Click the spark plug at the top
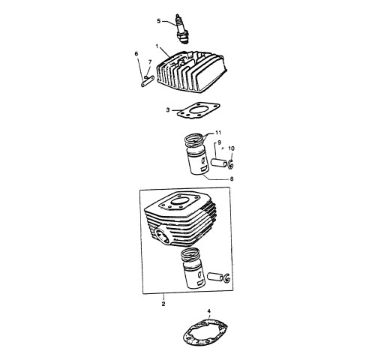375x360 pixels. click(x=181, y=29)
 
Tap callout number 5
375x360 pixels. click(x=159, y=21)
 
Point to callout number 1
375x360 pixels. click(x=157, y=46)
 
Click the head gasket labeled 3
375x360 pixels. click(x=199, y=110)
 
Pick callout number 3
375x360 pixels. click(x=168, y=110)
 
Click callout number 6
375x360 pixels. click(x=136, y=54)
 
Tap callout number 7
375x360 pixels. click(x=150, y=61)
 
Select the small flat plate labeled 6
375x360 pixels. click(x=146, y=82)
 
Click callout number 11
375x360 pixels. click(x=218, y=133)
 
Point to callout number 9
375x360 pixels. click(x=219, y=142)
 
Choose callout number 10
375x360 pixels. click(x=232, y=148)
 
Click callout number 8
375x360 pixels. click(x=232, y=179)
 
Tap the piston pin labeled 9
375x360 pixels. click(x=219, y=163)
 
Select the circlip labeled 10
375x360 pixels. click(x=231, y=164)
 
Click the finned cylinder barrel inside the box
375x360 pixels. click(x=181, y=219)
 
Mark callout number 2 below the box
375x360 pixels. click(x=163, y=304)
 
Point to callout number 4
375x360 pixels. click(x=209, y=311)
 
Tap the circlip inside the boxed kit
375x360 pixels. click(x=226, y=277)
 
